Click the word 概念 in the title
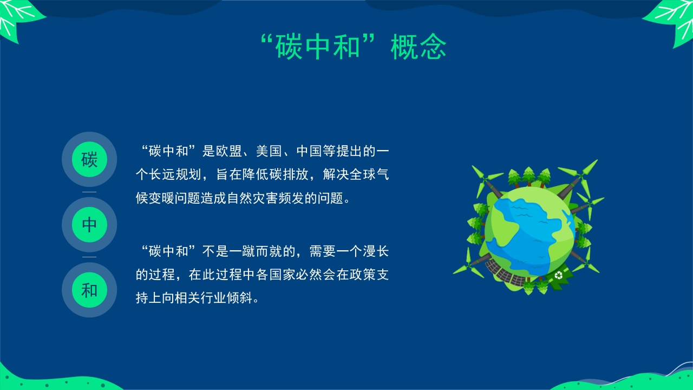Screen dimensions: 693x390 click(419, 47)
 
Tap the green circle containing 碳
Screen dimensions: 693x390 click(89, 159)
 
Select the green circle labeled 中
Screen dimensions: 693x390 click(89, 225)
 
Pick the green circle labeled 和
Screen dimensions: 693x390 click(89, 290)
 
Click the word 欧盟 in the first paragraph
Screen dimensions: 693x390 click(228, 151)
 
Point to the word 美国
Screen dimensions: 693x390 click(269, 151)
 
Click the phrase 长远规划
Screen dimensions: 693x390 click(175, 174)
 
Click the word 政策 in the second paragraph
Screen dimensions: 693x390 click(362, 275)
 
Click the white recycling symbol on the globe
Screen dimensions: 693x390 click(559, 275)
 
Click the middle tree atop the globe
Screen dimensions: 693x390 click(529, 176)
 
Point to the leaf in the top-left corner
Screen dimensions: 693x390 click(19, 19)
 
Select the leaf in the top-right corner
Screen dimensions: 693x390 click(671, 22)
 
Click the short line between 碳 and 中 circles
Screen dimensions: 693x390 click(89, 192)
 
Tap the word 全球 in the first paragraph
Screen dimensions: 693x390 click(362, 174)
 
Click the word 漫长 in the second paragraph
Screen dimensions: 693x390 click(376, 251)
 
